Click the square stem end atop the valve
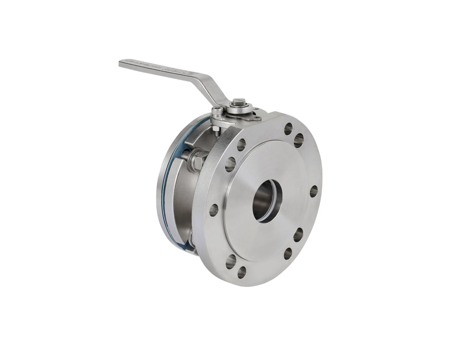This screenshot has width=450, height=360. point(238,103)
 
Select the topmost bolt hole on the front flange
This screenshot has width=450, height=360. point(288,128)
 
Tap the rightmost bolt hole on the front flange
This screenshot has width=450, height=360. point(313,191)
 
